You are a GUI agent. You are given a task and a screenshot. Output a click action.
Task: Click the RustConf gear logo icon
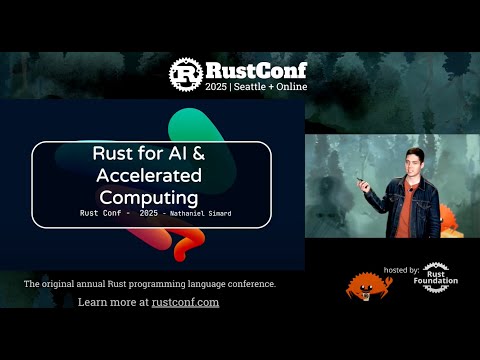pos(186,74)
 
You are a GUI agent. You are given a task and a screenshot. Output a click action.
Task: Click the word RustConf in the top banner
pos(255,70)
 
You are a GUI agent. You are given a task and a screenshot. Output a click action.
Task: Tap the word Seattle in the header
pos(257,87)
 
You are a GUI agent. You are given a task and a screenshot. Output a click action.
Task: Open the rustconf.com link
pos(185,302)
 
